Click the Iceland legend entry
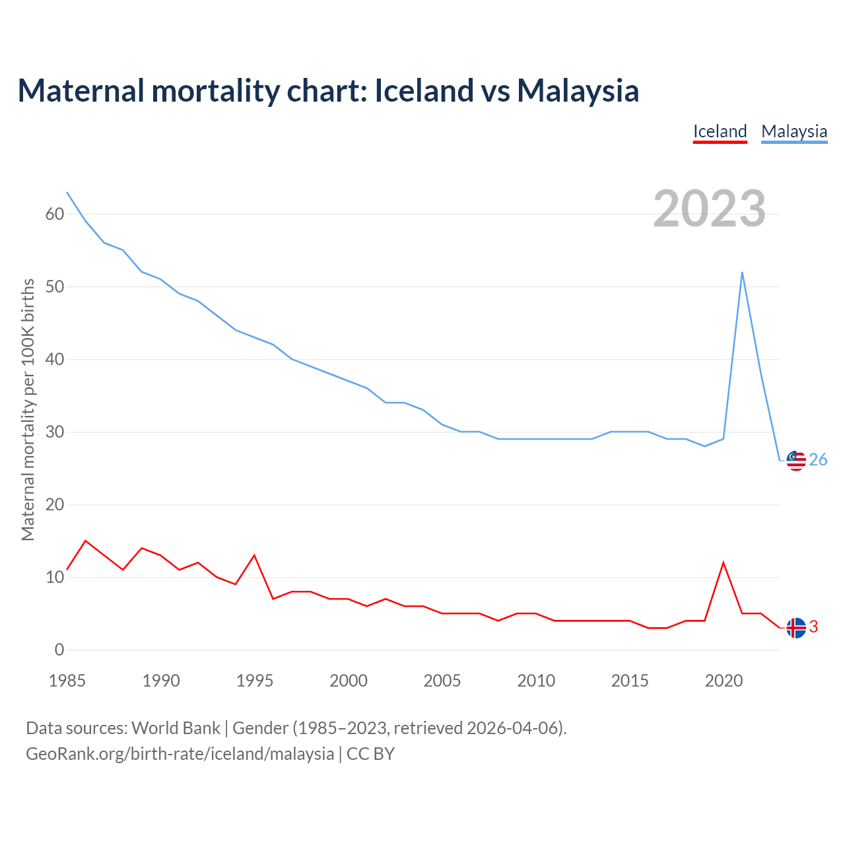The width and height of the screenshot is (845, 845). click(x=720, y=132)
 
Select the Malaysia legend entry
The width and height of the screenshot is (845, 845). click(x=794, y=132)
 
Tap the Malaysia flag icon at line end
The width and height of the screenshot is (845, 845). click(x=796, y=461)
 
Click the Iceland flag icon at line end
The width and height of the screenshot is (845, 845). click(x=796, y=628)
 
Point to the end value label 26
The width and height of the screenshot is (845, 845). click(x=818, y=460)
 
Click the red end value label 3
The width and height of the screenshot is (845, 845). click(x=813, y=627)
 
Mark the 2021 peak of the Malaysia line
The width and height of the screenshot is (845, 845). click(x=742, y=272)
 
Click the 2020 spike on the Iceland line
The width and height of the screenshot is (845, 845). click(x=724, y=562)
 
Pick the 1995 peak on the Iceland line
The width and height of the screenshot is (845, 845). click(x=254, y=555)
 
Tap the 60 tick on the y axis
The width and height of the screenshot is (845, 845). click(x=55, y=215)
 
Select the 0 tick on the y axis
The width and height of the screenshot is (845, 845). click(x=59, y=650)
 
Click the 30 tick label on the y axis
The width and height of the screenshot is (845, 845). click(x=55, y=432)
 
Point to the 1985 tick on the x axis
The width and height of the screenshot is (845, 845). click(x=67, y=681)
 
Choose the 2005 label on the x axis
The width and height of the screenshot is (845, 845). click(x=442, y=681)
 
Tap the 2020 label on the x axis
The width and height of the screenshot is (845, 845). click(x=724, y=681)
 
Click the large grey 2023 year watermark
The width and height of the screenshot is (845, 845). click(x=709, y=209)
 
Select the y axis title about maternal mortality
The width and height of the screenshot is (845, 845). click(x=28, y=409)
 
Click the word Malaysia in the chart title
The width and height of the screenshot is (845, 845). click(x=578, y=91)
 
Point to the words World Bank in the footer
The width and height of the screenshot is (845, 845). click(x=176, y=728)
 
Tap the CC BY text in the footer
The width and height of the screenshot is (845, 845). click(x=370, y=754)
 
